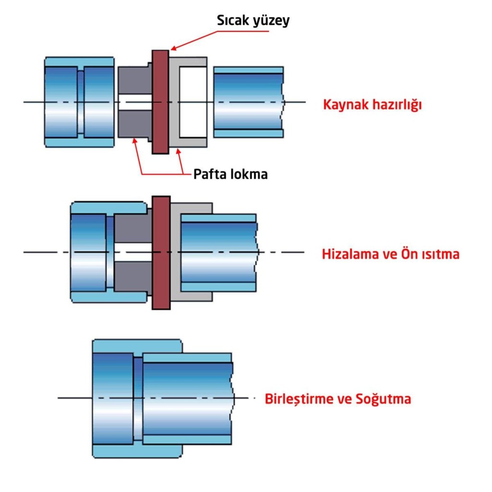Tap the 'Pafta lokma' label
pyautogui.click(x=230, y=174)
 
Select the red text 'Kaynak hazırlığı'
pyautogui.click(x=372, y=104)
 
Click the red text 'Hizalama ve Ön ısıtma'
pyautogui.click(x=390, y=254)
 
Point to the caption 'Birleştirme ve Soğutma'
pyautogui.click(x=338, y=399)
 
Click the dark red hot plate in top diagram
pyautogui.click(x=160, y=102)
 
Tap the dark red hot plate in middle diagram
pyautogui.click(x=160, y=252)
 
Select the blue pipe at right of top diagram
pyautogui.click(x=248, y=102)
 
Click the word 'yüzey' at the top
pyautogui.click(x=271, y=21)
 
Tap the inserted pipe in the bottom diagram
pyautogui.click(x=187, y=399)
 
